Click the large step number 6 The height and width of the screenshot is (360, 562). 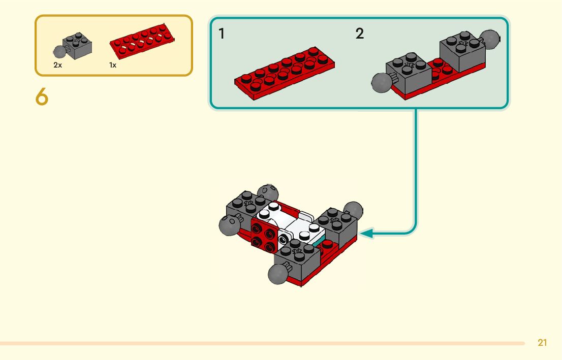42,96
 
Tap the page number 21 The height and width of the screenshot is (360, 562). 542,343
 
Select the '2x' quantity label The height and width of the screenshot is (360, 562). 57,66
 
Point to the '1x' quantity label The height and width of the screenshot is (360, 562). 113,66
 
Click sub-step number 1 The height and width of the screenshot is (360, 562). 222,34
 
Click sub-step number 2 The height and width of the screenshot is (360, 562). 360,34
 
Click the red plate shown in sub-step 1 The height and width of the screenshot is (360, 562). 285,73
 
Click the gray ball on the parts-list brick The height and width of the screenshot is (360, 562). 60,51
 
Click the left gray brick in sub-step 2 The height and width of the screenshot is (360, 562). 408,73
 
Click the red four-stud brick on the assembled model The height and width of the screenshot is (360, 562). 264,235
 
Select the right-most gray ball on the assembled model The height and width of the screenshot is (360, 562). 354,210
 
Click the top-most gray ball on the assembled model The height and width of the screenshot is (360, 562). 268,193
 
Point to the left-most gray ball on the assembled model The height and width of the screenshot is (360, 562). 229,224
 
